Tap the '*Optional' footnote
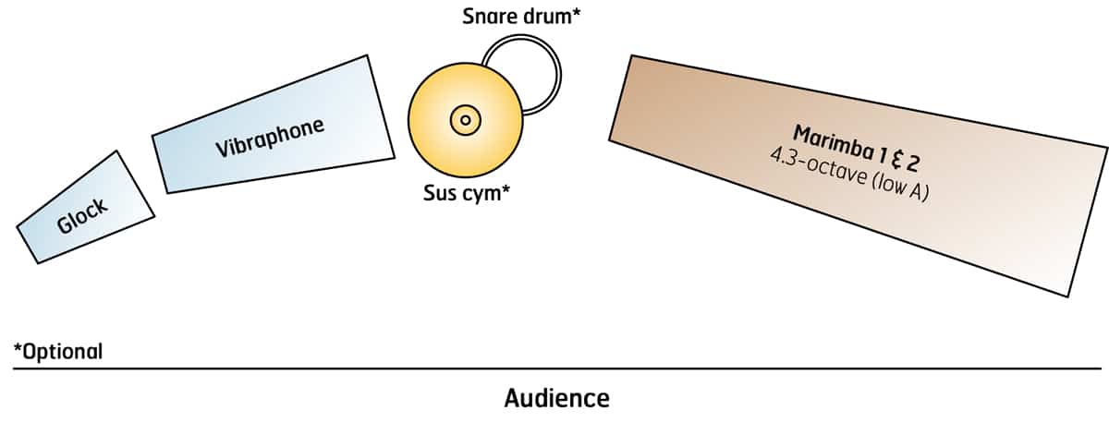(57, 352)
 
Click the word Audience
(556, 398)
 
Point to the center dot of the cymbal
(465, 119)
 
